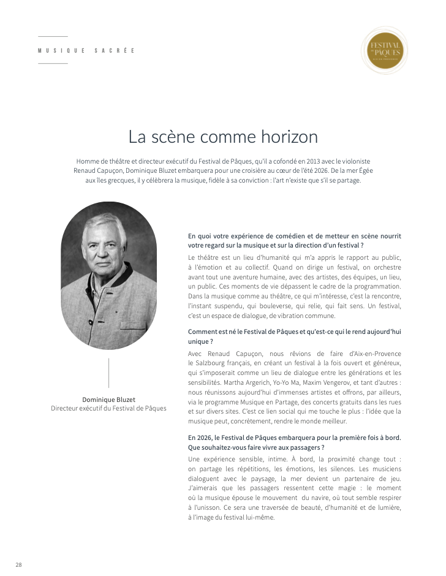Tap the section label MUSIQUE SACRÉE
(x=86, y=50)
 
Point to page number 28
(x=18, y=564)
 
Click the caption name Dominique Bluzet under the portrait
(x=108, y=400)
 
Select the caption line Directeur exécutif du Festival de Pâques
(x=108, y=408)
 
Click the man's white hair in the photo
(x=104, y=224)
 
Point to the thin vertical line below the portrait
(x=108, y=373)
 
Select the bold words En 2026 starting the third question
(x=203, y=438)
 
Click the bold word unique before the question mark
(x=198, y=341)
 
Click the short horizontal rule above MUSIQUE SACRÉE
(x=53, y=37)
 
